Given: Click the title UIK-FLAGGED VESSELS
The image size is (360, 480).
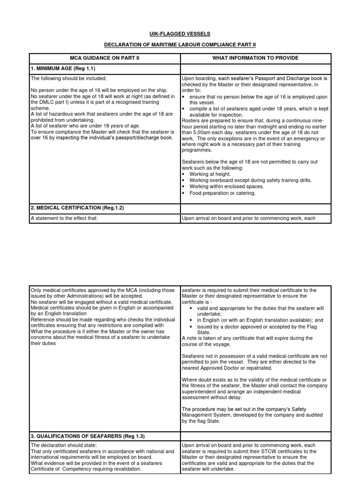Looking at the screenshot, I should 180,34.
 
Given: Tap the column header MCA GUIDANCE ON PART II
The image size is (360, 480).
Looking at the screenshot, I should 105,58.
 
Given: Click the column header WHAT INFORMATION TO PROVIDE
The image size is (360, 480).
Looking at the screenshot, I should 255,58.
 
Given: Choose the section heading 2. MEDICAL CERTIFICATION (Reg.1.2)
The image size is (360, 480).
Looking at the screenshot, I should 77,207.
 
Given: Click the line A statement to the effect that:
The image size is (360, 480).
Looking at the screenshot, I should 64,217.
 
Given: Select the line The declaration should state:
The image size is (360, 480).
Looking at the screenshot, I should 64,445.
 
